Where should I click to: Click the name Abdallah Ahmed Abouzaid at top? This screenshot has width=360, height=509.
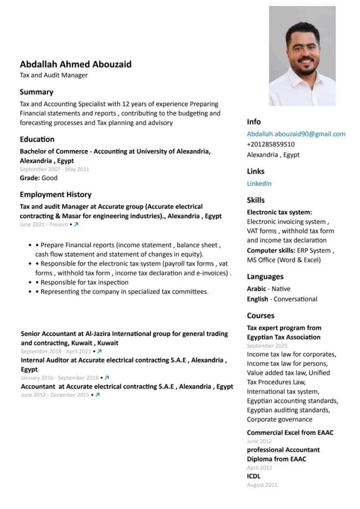pyautogui.click(x=76, y=64)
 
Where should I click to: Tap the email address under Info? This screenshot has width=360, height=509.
pyautogui.click(x=296, y=134)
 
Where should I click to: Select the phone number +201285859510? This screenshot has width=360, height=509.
pyautogui.click(x=270, y=144)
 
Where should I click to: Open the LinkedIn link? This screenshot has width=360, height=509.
pyautogui.click(x=259, y=184)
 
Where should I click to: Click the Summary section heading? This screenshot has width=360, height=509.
pyautogui.click(x=37, y=92)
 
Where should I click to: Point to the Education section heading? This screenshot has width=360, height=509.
pyautogui.click(x=37, y=139)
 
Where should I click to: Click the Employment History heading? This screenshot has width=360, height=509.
pyautogui.click(x=56, y=195)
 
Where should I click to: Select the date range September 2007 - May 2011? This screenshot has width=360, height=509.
pyautogui.click(x=54, y=169)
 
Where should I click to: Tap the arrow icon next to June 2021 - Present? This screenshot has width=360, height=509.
pyautogui.click(x=76, y=224)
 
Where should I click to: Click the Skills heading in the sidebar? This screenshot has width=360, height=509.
pyautogui.click(x=256, y=200)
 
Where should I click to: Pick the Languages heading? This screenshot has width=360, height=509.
pyautogui.click(x=265, y=277)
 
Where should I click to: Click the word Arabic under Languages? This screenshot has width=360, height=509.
pyautogui.click(x=256, y=289)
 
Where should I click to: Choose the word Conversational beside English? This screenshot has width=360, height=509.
pyautogui.click(x=295, y=299)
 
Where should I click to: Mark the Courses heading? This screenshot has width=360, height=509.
pyautogui.click(x=261, y=316)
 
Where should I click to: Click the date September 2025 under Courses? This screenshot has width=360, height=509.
pyautogui.click(x=267, y=346)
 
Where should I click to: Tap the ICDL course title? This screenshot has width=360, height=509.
pyautogui.click(x=254, y=476)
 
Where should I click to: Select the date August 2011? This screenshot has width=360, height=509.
pyautogui.click(x=262, y=485)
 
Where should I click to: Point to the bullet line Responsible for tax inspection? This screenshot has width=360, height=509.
pyautogui.click(x=84, y=282)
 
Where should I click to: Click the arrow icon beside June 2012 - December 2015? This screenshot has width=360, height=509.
pyautogui.click(x=98, y=395)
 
